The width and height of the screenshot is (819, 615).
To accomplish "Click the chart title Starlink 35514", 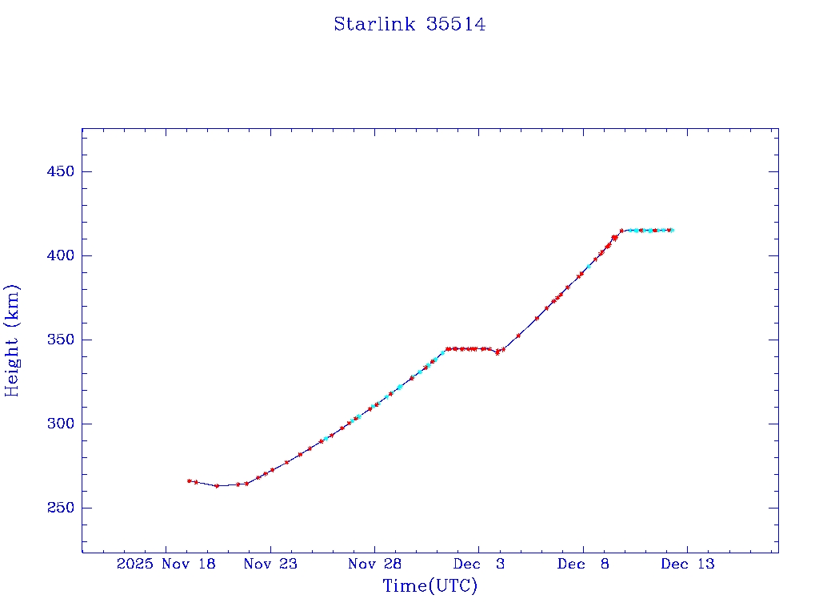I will click(x=409, y=24).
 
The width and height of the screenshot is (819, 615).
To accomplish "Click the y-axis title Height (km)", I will click(x=12, y=340).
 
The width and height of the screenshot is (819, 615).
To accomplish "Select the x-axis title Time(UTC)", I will click(x=429, y=586).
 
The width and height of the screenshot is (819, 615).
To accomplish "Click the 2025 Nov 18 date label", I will click(x=166, y=565).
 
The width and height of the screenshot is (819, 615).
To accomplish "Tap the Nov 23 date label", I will click(x=270, y=565).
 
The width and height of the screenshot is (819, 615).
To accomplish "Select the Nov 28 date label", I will click(x=374, y=565).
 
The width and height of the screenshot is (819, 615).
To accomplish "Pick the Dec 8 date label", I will click(x=583, y=565).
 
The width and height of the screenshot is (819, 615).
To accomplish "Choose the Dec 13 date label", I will click(x=687, y=565).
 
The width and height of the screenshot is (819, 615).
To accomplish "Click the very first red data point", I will click(x=189, y=480).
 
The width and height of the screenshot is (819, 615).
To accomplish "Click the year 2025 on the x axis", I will click(x=134, y=565).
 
